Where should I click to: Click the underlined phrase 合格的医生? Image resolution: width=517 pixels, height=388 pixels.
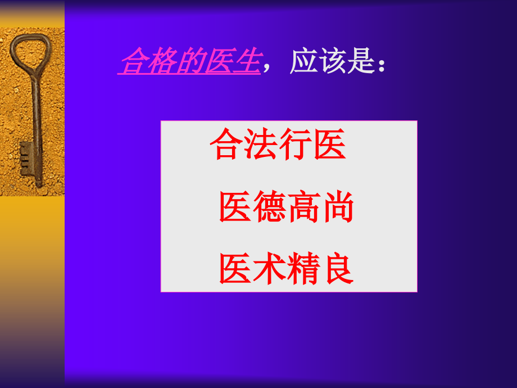190,61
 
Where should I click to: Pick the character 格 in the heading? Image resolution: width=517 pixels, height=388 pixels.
162,61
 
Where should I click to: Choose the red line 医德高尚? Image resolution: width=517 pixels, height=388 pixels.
286,207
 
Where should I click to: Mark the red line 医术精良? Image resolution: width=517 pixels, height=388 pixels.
286,269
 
